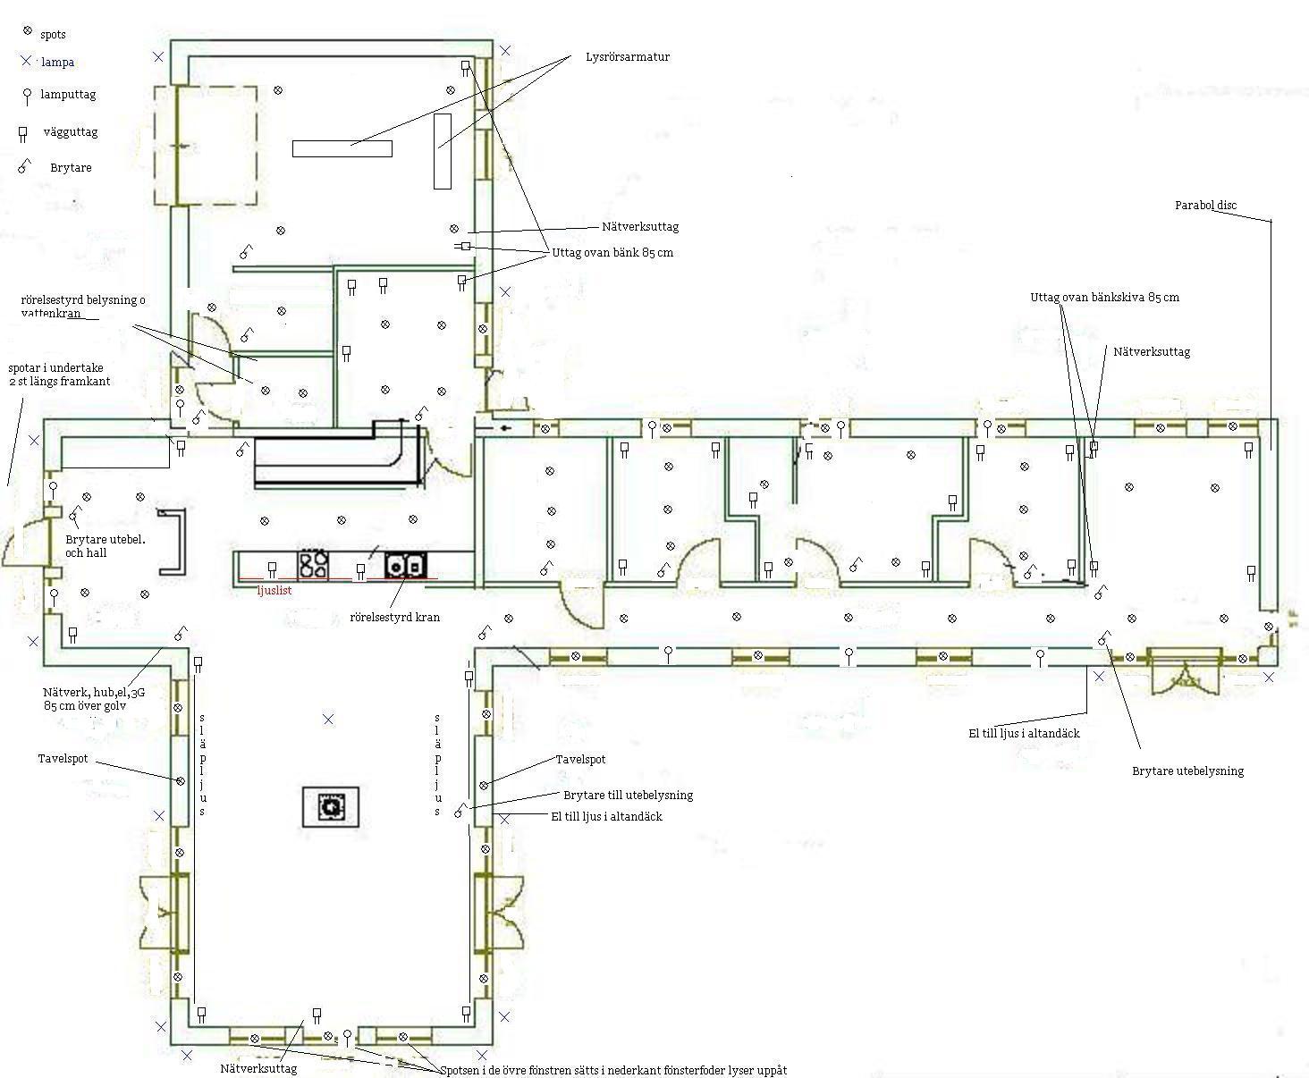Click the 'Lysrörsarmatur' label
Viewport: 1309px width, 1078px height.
[x=628, y=57]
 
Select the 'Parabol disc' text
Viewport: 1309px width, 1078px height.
[x=1205, y=205]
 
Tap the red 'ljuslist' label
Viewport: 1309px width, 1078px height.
[x=274, y=590]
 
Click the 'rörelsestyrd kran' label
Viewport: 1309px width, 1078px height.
[x=395, y=617]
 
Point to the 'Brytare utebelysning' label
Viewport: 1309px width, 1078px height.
[x=1188, y=771]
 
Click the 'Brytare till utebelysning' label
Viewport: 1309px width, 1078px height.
[x=629, y=796]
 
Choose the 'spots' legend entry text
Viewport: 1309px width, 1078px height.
[x=53, y=35]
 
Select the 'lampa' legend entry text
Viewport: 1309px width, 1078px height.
[x=58, y=63]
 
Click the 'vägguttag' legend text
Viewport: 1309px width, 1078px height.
[x=71, y=132]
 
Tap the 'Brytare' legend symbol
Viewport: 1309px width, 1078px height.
[x=24, y=166]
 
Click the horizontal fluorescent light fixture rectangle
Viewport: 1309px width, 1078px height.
[x=342, y=148]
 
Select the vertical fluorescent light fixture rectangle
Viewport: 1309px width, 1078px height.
[x=443, y=151]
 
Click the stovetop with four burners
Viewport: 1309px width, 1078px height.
[x=313, y=564]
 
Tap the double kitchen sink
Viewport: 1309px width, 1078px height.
[x=406, y=565]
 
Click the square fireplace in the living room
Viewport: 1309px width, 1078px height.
[x=331, y=806]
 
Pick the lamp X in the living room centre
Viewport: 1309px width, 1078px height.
[x=328, y=720]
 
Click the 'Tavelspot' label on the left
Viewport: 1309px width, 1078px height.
[x=63, y=759]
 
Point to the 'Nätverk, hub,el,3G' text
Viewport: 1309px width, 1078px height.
[x=94, y=693]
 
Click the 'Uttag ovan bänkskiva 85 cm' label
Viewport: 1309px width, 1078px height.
[x=1104, y=298]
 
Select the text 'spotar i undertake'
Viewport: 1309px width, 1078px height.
[x=55, y=368]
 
